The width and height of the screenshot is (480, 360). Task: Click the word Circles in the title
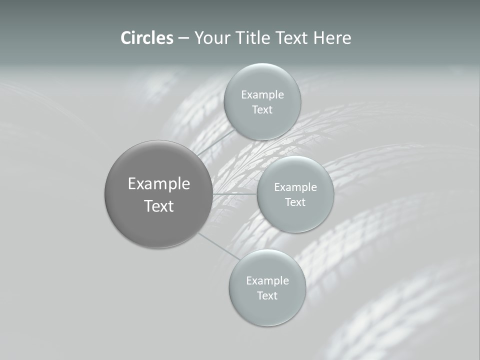147,38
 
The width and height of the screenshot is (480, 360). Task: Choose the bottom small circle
267,312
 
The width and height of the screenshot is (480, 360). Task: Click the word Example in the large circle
159,184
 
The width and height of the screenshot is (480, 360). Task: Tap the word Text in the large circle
159,206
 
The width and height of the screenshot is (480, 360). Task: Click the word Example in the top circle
262,95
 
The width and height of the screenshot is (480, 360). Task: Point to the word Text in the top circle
262,109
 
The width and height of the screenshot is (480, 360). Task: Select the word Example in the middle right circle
295,187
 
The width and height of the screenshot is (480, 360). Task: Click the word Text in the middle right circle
295,202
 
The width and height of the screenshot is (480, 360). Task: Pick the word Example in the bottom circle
267,281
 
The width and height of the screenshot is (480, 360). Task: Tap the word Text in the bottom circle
267,295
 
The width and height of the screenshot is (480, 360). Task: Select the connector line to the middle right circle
235,193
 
